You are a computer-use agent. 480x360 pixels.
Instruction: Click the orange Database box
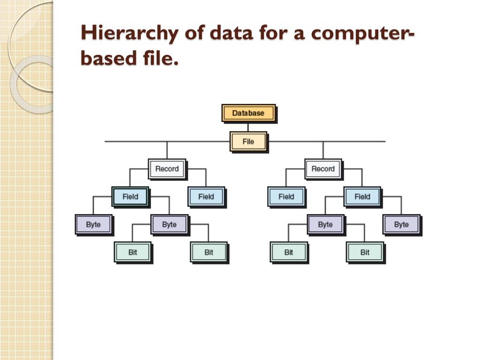coord(248,113)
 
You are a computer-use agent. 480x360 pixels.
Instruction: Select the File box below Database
coord(248,141)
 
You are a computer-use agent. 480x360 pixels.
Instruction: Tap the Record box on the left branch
coord(167,169)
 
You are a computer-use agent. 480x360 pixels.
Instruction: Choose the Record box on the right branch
coord(323,169)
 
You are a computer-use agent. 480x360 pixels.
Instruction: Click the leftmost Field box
coord(130,196)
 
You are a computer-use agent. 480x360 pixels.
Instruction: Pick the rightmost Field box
coord(362,196)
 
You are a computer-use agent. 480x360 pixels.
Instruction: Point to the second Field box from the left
coord(206,196)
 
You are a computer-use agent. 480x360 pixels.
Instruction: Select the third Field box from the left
coord(286,196)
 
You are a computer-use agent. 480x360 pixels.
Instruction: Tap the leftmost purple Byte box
coord(93,224)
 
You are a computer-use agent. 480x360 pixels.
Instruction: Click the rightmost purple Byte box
coord(401,224)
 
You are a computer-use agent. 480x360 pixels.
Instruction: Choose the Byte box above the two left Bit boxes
coord(169,224)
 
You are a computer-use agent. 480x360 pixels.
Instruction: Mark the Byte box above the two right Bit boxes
coord(325,224)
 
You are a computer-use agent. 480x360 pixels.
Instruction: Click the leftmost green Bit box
coord(133,252)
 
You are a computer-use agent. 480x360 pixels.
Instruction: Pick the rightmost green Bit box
coord(365,252)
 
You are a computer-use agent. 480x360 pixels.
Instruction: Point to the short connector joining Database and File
coord(248,127)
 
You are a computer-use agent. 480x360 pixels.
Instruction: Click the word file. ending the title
coord(159,59)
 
